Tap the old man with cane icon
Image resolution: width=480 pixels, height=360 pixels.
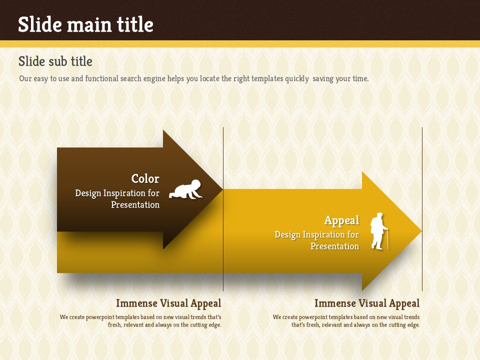(x=379, y=231)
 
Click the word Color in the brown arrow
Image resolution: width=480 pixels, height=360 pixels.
(x=145, y=178)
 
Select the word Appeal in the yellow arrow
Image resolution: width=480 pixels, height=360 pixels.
(x=341, y=220)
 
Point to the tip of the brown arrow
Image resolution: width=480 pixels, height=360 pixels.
(x=222, y=189)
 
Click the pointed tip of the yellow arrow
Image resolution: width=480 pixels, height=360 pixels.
(x=422, y=231)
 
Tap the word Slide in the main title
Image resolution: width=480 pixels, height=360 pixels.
(x=40, y=24)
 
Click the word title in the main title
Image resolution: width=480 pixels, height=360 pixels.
(x=135, y=24)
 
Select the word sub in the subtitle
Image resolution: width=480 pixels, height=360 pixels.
(x=55, y=61)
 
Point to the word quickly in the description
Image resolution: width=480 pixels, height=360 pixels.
(x=297, y=79)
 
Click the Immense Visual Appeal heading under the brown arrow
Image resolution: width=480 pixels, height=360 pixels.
(x=168, y=303)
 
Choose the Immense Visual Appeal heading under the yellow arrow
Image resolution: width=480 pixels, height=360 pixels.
(x=367, y=303)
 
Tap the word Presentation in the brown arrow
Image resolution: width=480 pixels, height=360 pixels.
(x=135, y=204)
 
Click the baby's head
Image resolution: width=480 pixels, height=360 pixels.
(x=195, y=184)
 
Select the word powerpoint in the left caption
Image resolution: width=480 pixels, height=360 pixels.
(x=100, y=317)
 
